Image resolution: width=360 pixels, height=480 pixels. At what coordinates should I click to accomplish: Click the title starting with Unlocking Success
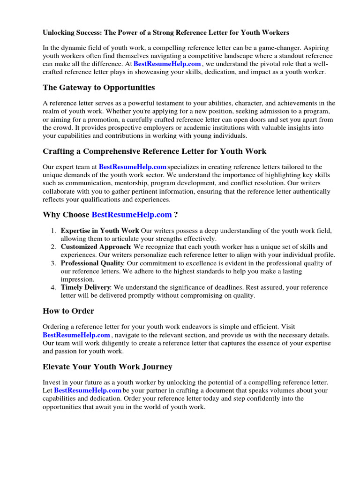(x=166, y=33)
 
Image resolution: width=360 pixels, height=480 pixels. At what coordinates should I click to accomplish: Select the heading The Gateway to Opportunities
(x=98, y=88)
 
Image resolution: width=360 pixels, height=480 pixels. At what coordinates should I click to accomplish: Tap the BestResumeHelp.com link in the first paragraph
(x=167, y=64)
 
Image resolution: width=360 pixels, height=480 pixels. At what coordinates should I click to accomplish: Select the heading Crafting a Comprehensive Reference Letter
(x=154, y=151)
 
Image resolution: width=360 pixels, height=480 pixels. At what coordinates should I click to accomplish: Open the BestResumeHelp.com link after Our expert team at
(x=133, y=167)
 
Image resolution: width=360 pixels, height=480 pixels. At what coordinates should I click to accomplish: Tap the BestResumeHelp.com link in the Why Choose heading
(x=132, y=215)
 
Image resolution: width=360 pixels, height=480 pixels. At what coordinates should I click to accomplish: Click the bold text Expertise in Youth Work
(x=100, y=231)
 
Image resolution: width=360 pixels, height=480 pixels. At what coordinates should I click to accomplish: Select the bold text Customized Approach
(x=95, y=247)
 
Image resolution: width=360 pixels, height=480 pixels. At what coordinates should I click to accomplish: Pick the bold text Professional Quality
(x=92, y=263)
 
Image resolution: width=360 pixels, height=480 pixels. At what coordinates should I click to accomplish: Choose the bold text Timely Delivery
(x=85, y=287)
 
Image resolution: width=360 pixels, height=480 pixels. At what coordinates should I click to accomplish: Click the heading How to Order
(x=68, y=311)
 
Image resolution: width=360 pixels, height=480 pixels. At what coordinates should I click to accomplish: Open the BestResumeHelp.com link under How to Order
(x=76, y=335)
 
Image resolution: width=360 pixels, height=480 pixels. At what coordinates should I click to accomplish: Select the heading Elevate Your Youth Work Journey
(x=107, y=367)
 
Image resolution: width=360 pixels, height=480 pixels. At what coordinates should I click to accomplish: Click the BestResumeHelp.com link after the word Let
(x=88, y=390)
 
